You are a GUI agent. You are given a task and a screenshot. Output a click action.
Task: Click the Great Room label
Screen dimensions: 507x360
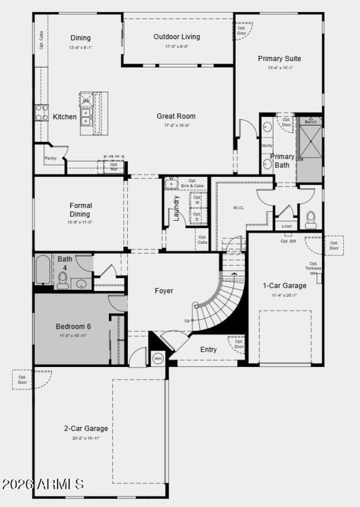tap(176, 116)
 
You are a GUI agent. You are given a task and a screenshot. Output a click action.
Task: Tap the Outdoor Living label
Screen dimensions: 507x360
tap(177, 37)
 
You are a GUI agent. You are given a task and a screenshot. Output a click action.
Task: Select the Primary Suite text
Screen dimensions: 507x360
tap(279, 59)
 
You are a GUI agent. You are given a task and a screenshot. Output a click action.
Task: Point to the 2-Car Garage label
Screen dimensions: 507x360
tap(85, 429)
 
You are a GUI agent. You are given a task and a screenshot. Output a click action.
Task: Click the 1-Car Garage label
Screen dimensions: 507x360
tap(284, 285)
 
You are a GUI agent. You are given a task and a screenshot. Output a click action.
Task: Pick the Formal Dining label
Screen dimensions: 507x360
tap(81, 210)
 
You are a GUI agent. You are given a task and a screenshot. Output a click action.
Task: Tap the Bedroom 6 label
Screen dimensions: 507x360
tap(73, 326)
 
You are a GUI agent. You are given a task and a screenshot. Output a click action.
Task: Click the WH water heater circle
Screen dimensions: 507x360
tap(158, 359)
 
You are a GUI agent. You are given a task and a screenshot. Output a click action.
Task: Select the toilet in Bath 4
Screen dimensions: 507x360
tap(63, 281)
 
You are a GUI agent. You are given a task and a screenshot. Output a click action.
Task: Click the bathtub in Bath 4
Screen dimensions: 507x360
tap(44, 270)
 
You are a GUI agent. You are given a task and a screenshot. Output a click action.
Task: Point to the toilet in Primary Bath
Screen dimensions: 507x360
tap(311, 219)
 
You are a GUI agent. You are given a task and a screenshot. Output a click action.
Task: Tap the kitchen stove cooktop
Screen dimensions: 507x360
tap(42, 113)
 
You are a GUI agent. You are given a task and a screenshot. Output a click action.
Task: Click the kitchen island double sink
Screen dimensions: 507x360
tap(86, 118)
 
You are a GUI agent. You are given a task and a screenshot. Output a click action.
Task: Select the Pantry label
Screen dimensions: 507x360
tap(50, 158)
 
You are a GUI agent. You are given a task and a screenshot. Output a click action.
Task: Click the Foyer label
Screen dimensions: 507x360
tap(164, 291)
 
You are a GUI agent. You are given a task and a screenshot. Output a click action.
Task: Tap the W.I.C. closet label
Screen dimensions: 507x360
tap(238, 208)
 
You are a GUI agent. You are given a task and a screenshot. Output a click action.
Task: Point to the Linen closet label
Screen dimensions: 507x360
tap(286, 226)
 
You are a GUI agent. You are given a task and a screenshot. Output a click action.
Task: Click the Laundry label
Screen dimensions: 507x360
tap(176, 208)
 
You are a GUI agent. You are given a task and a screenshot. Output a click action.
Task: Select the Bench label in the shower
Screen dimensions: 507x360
tap(310, 122)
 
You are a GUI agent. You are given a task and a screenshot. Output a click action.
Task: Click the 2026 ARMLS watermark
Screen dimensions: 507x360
tap(43, 484)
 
